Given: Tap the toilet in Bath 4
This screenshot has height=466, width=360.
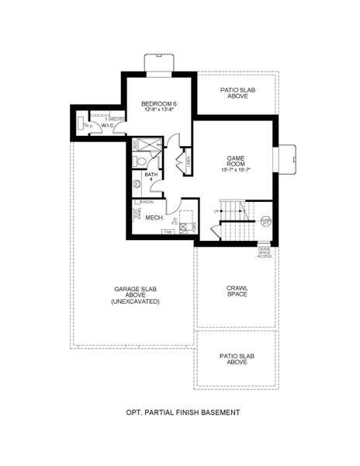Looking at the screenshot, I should [x=139, y=161].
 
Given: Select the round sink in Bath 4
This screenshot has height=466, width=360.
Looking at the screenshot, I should [x=137, y=185].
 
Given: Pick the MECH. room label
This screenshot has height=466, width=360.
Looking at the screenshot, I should [x=154, y=218].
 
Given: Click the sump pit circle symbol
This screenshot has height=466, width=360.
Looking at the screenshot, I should [x=265, y=221].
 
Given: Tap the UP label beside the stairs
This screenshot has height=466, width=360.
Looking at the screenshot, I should [x=216, y=210].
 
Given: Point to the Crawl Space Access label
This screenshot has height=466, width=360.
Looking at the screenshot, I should [x=265, y=252].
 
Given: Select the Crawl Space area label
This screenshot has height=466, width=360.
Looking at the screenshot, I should [x=237, y=290].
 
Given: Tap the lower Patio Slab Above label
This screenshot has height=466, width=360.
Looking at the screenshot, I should [x=237, y=359].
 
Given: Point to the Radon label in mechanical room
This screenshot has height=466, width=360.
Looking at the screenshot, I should [x=147, y=201].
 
